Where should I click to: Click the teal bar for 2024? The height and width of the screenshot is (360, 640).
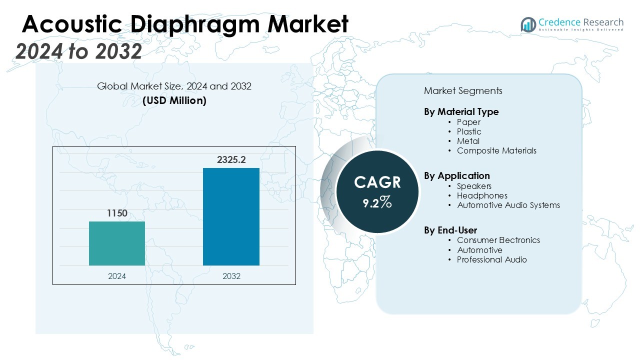tap(117, 243)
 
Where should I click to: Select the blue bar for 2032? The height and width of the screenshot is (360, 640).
tap(231, 216)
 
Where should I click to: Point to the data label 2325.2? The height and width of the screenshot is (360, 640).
tap(231, 160)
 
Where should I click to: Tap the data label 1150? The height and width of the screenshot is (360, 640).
tap(117, 213)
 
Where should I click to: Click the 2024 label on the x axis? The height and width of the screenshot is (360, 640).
tap(117, 276)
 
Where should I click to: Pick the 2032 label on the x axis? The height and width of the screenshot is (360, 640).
tap(231, 276)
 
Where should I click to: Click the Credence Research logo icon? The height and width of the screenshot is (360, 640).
tap(528, 24)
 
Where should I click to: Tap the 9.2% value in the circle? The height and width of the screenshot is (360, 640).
tap(377, 202)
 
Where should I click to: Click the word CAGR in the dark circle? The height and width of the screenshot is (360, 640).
tap(377, 182)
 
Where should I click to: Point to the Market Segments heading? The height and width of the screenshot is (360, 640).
tap(463, 91)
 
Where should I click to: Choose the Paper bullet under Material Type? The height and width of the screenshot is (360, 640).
tap(468, 122)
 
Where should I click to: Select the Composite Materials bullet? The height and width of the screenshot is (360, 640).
tap(496, 150)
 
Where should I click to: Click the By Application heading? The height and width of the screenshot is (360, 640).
tap(457, 175)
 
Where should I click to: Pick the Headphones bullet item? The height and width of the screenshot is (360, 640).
tap(482, 195)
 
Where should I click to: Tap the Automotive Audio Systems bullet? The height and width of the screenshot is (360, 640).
tap(508, 205)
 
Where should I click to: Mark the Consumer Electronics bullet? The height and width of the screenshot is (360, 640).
tap(498, 240)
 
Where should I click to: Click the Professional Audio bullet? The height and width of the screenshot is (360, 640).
tap(491, 259)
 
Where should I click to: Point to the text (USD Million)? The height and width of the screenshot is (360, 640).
tap(174, 100)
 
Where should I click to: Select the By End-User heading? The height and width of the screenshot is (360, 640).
tap(450, 230)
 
